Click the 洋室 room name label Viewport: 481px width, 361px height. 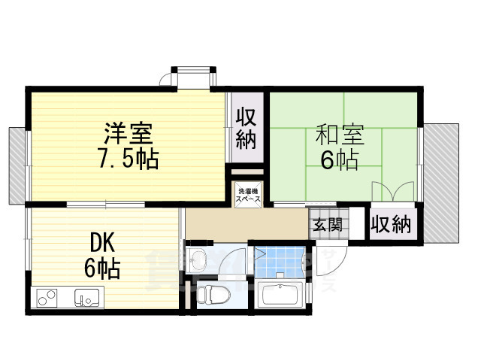click(x=128, y=133)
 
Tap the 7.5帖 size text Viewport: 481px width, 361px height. click(x=128, y=159)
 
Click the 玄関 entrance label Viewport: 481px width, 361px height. click(x=327, y=224)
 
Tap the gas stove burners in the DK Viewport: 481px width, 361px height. click(x=47, y=298)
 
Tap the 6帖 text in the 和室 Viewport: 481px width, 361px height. click(x=340, y=159)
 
